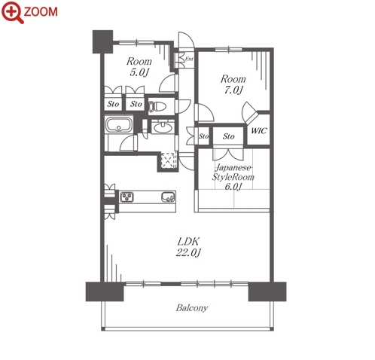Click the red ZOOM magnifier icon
pos(13,12)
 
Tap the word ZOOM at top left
pos(41,12)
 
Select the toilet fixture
pos(157,106)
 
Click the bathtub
pos(119,124)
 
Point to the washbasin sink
pos(163,127)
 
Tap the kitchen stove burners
pos(127,197)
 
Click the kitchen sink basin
pos(168,197)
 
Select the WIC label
pos(259,130)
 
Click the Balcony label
pos(192,308)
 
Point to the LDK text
pos(188,242)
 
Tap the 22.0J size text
pos(188,252)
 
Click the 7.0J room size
pos(233,90)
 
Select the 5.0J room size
pos(139,72)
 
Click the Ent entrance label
pos(189,59)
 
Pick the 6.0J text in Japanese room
pos(233,187)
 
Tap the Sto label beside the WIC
pos(228,136)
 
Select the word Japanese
pos(233,167)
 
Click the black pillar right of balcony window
pos(267,291)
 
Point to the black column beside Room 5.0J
pos(102,41)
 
